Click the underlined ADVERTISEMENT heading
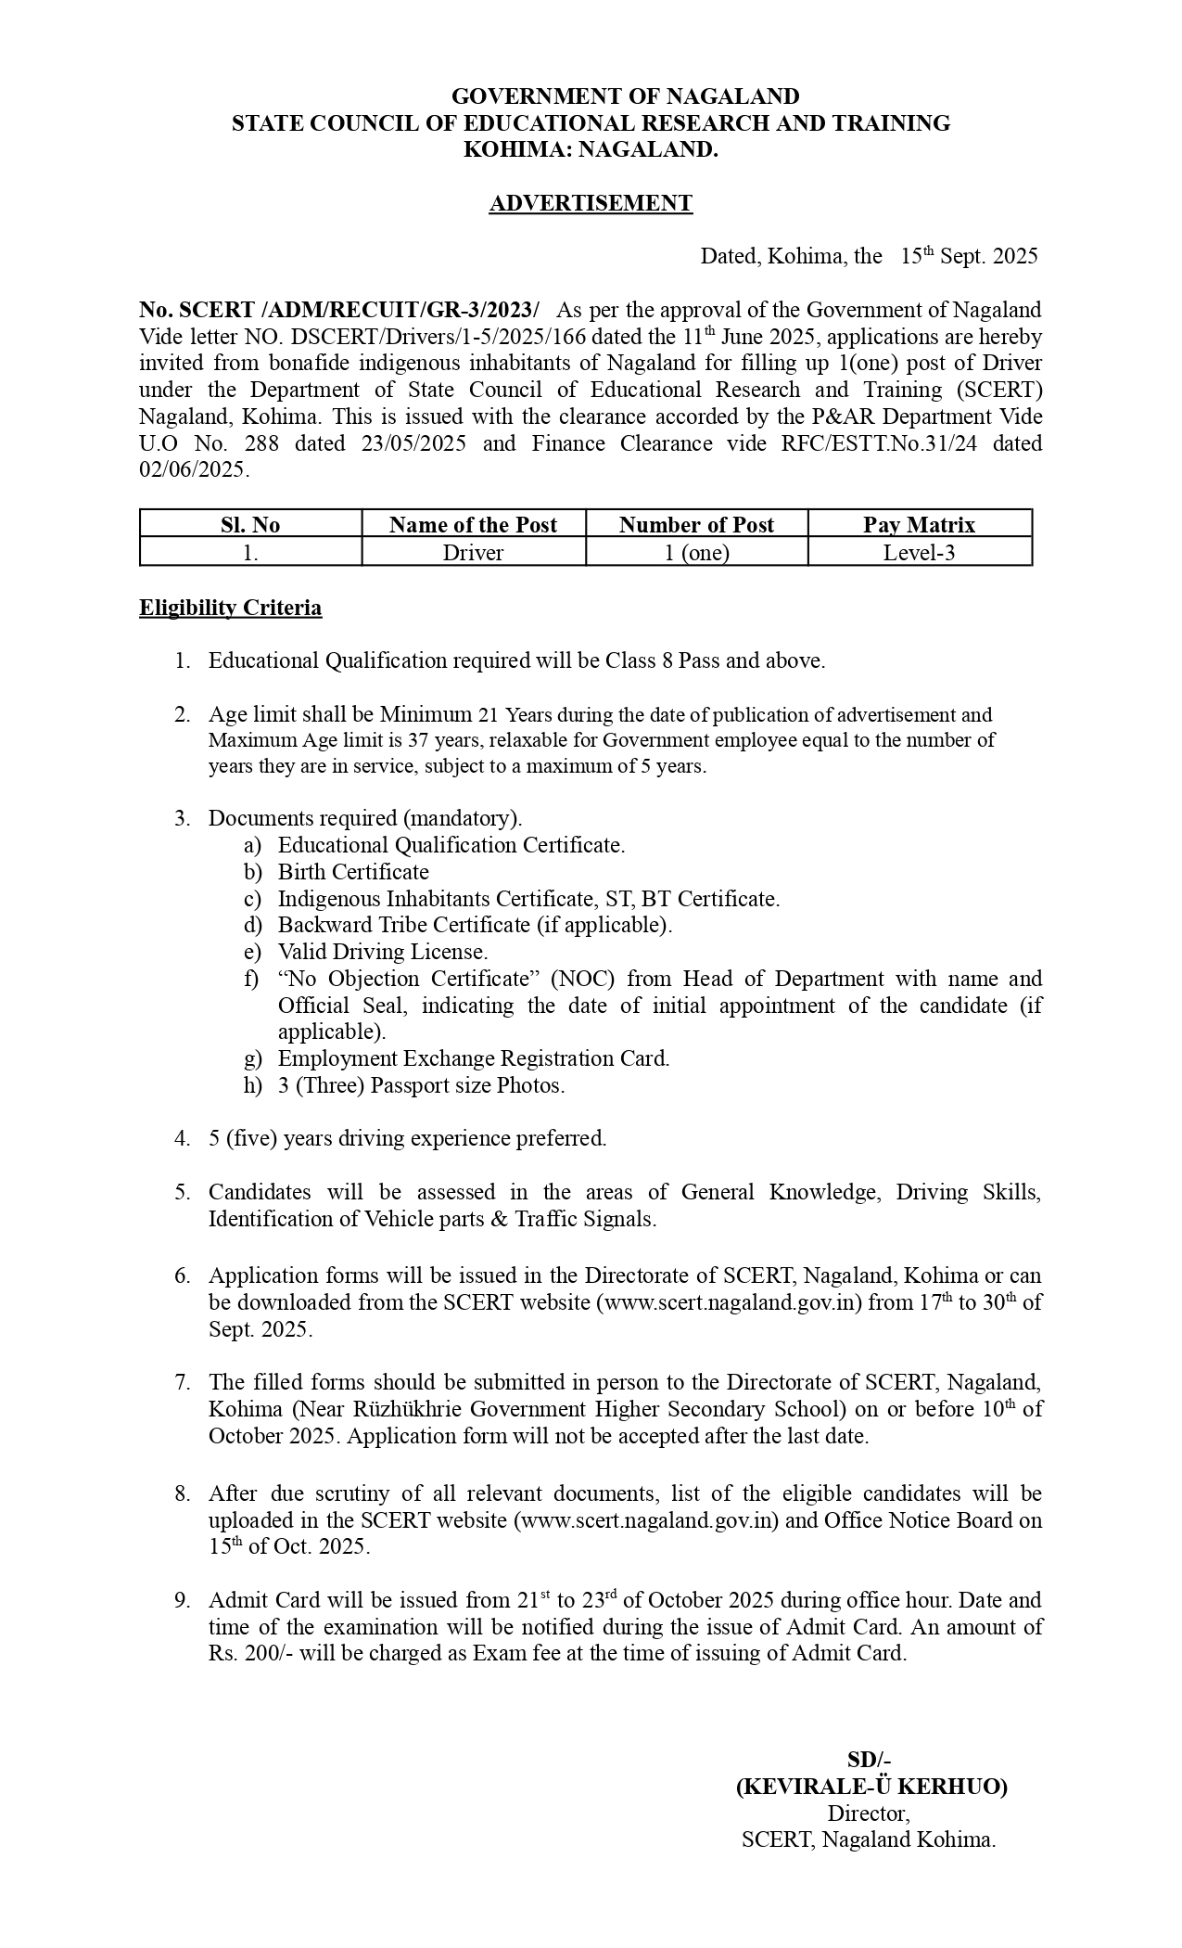tap(591, 203)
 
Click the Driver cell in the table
tap(473, 553)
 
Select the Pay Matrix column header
tap(919, 525)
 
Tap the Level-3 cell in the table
tap(919, 553)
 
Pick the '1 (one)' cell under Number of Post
tap(695, 553)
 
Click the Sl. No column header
tap(250, 525)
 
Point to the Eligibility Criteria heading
tap(231, 608)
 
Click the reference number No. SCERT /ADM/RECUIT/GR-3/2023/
tap(339, 310)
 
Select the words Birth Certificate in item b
tap(353, 872)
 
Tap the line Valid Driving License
tap(382, 952)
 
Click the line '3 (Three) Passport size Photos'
tap(421, 1085)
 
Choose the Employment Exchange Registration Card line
tap(473, 1058)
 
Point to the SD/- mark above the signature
tap(869, 1760)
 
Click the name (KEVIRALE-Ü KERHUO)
tap(871, 1787)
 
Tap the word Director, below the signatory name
tap(869, 1813)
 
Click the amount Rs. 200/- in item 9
tap(245, 1653)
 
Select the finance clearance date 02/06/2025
tap(193, 470)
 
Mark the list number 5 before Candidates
tap(182, 1192)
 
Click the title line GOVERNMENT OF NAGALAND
tap(625, 96)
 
